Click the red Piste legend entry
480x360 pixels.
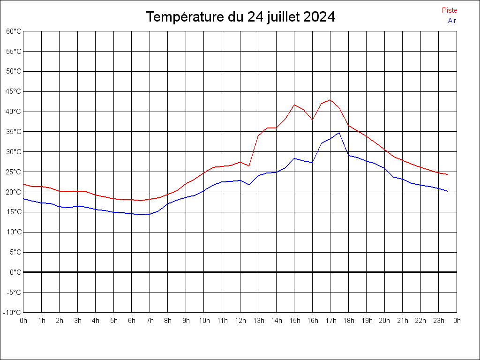pyautogui.click(x=449, y=10)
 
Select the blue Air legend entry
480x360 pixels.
pyautogui.click(x=452, y=20)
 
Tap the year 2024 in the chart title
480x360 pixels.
pyautogui.click(x=319, y=17)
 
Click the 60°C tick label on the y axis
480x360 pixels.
pyautogui.click(x=14, y=31)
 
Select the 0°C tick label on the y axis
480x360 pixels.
pyautogui.click(x=16, y=272)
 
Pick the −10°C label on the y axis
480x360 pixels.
pyautogui.click(x=13, y=312)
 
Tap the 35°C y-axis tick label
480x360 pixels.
pyautogui.click(x=14, y=132)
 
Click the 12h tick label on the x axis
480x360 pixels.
pyautogui.click(x=240, y=321)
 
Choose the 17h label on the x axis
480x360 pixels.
pyautogui.click(x=330, y=321)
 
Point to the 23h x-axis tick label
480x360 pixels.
pyautogui.click(x=439, y=321)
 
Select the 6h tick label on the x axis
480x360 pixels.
pyautogui.click(x=132, y=321)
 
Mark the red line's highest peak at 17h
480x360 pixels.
pyautogui.click(x=330, y=100)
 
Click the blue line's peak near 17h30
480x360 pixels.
pyautogui.click(x=339, y=133)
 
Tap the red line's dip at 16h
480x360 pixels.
pyautogui.click(x=312, y=120)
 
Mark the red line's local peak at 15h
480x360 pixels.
pyautogui.click(x=294, y=105)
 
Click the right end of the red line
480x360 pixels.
pyautogui.click(x=448, y=174)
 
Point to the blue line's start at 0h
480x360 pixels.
pyautogui.click(x=23, y=198)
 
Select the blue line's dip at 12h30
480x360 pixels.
pyautogui.click(x=249, y=185)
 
